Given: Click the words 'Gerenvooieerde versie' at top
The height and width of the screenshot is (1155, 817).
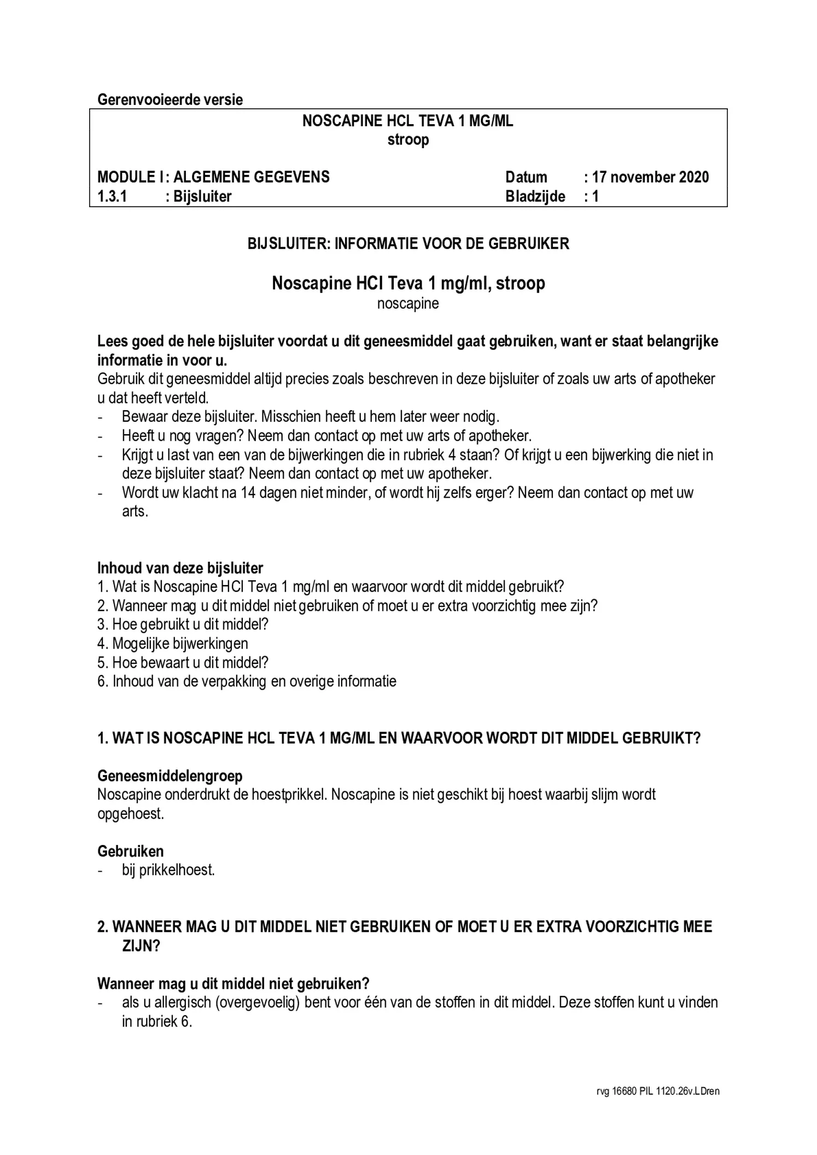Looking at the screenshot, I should point(170,100).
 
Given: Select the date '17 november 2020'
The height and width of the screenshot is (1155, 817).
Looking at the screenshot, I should point(650,177).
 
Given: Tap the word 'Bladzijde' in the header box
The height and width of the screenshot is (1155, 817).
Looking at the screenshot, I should point(535,196).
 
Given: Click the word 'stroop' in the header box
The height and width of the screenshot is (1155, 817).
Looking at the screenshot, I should point(408,140).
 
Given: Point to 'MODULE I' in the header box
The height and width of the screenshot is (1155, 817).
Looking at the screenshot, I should point(130,177).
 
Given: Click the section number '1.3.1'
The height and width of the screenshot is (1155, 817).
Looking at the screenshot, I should point(112,196).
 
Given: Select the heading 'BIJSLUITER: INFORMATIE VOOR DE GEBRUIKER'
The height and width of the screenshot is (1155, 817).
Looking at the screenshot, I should point(408,243).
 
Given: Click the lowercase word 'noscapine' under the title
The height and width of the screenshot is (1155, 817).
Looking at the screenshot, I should point(408,304).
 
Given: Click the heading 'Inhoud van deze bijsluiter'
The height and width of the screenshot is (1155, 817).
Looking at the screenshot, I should point(180,568).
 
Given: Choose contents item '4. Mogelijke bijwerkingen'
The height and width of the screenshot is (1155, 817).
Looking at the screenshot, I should point(173,644).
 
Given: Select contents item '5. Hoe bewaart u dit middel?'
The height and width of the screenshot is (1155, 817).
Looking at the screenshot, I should point(183,663).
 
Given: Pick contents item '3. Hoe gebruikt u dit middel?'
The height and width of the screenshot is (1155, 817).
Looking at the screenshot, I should point(183,625).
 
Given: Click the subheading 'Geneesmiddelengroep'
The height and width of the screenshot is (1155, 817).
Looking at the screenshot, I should point(170,776).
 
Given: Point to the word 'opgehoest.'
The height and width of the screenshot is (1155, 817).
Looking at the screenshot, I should point(131,814).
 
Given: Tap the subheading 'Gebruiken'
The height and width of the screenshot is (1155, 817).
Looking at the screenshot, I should point(131,851).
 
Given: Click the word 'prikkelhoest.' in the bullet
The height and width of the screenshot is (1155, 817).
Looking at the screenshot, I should point(177,870).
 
